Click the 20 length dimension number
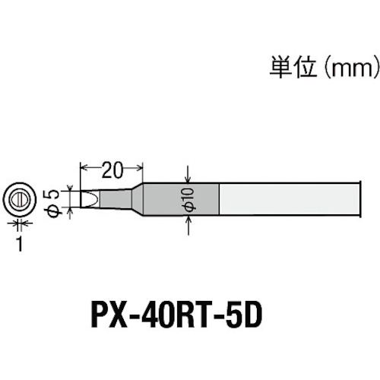click(112, 169)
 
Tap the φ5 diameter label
click(52, 203)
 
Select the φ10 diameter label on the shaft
click(189, 199)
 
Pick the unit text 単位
click(293, 68)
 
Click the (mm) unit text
click(352, 68)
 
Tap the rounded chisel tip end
click(89, 199)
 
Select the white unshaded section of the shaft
click(288, 199)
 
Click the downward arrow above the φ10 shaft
click(188, 174)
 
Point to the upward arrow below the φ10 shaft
click(188, 225)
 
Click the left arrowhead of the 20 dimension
click(84, 167)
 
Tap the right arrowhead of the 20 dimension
click(139, 167)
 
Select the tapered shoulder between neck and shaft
click(137, 199)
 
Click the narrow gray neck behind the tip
click(116, 199)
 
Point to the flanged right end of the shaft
click(359, 199)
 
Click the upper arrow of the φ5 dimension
click(70, 188)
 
